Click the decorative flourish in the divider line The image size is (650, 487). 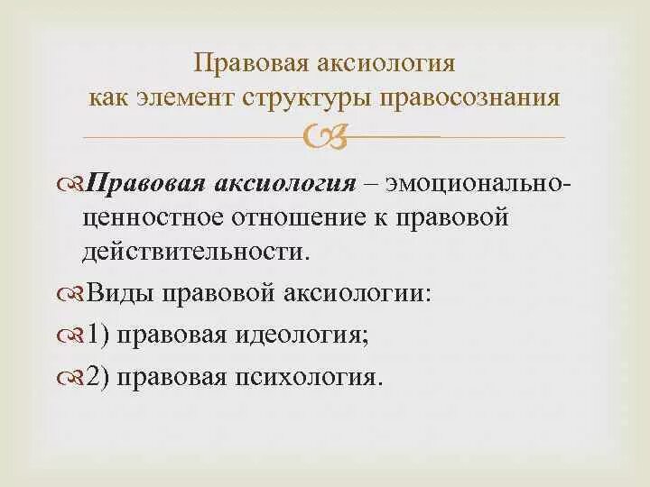pyautogui.click(x=326, y=137)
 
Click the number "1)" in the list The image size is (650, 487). pyautogui.click(x=98, y=335)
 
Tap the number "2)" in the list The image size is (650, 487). pyautogui.click(x=98, y=376)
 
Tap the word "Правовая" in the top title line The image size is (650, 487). pyautogui.click(x=245, y=64)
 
